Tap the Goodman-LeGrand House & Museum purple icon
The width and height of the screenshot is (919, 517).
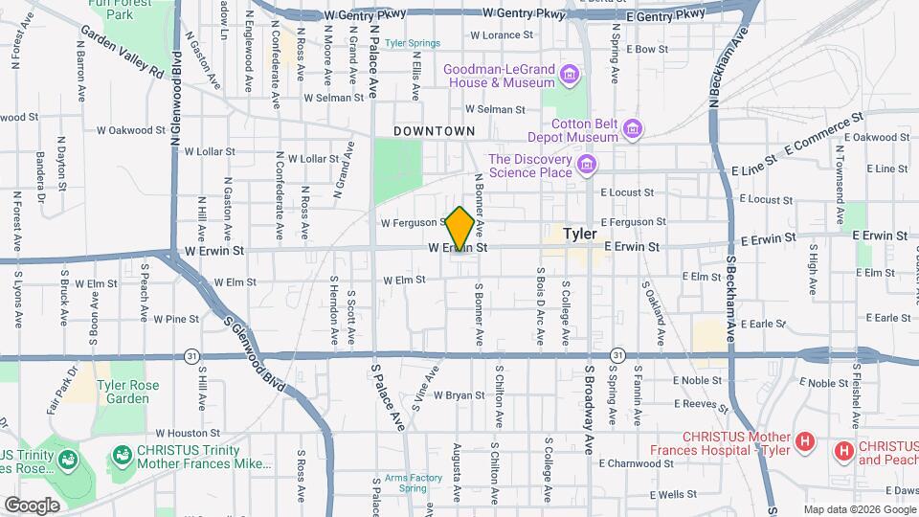570,74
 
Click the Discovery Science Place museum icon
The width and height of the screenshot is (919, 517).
589,166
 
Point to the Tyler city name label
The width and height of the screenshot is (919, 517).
580,234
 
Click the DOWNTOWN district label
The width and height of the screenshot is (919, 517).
435,130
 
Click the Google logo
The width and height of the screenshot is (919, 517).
32,505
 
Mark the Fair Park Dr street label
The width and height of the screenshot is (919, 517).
72,382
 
